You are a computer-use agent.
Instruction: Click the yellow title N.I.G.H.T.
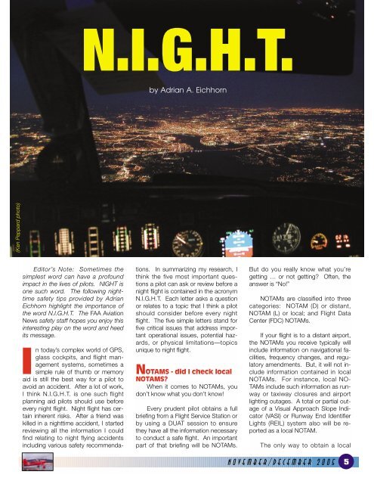[x=187, y=48]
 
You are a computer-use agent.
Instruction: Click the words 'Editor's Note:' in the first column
[x=57, y=270]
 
